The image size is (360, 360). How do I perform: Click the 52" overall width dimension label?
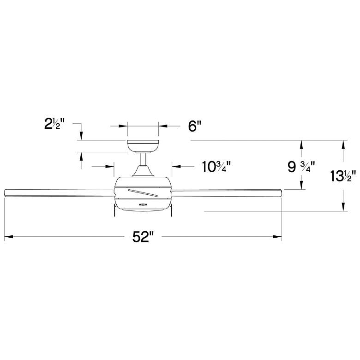coord(143,237)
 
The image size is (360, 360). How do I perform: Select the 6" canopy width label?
coord(195,126)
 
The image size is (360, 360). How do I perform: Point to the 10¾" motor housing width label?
coord(216,166)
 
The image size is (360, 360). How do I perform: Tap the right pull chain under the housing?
coord(171,210)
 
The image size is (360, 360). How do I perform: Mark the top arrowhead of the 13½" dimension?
coord(343,144)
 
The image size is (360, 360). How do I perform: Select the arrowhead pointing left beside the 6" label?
coord(162,126)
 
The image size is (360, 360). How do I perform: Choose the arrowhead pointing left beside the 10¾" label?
coord(175,166)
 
